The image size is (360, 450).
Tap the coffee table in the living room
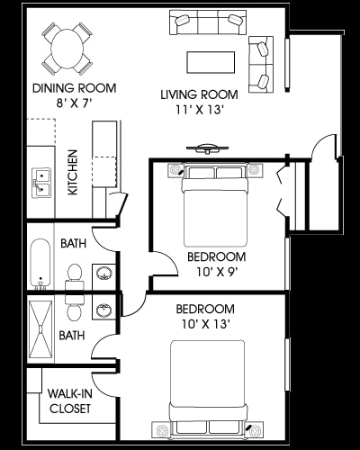point(211,61)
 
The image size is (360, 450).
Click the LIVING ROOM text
point(199,94)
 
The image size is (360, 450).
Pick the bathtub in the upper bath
point(40,263)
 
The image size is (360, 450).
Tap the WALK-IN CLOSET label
point(69,400)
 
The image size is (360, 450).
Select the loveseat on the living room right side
point(262,63)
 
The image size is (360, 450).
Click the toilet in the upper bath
point(75,274)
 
